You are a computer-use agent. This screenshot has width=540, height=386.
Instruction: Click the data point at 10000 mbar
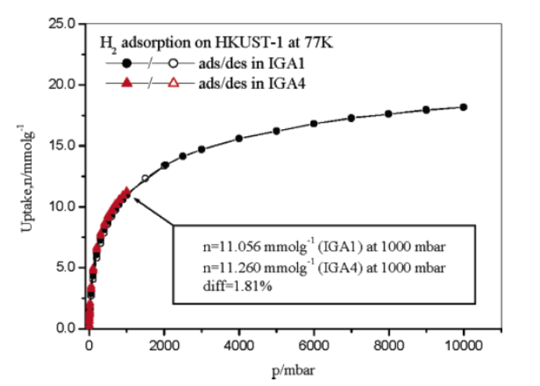point(464,107)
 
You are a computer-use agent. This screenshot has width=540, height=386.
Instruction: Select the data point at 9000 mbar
point(426,109)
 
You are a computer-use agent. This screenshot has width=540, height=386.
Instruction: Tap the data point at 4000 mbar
point(238,138)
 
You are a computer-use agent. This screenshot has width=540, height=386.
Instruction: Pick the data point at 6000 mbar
point(313,124)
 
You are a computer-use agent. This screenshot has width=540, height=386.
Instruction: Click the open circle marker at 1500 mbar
point(145,178)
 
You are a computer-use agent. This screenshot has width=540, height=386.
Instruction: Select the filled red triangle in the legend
point(127,84)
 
